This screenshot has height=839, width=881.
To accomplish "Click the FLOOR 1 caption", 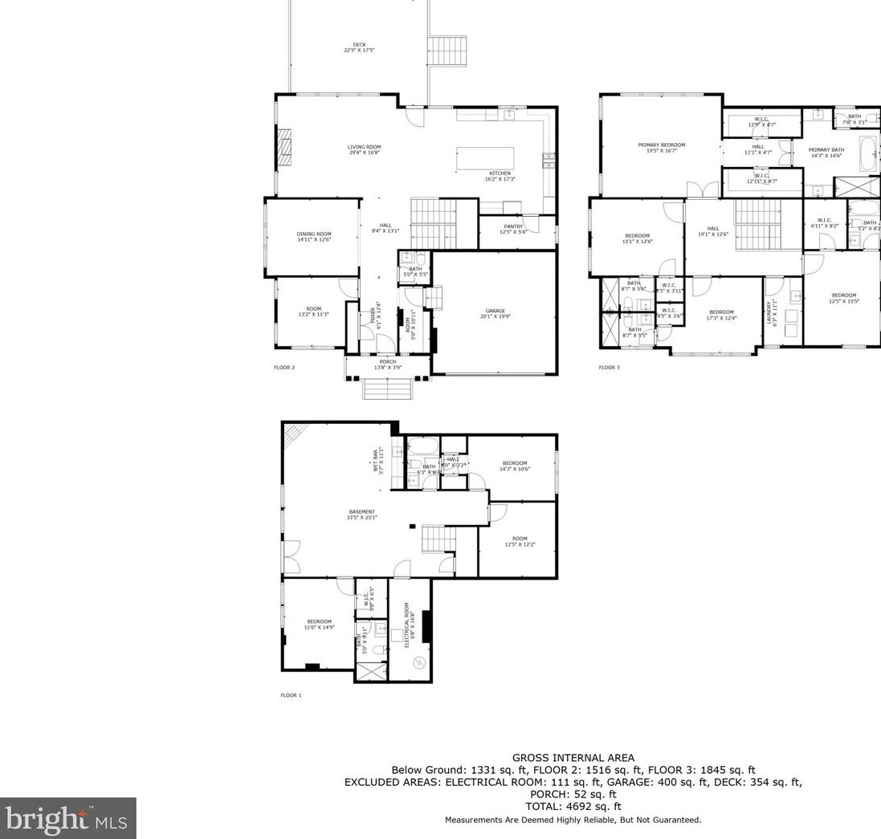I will (290, 695).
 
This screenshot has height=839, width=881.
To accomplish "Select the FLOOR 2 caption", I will (284, 368).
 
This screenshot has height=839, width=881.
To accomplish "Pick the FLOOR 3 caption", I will (609, 368).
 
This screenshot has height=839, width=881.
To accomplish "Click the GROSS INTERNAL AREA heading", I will (573, 757).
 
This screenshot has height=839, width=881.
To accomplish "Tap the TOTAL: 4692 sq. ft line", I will (573, 806).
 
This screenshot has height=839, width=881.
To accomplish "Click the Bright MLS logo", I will (68, 818).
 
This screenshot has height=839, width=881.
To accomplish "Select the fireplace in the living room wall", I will (283, 148).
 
